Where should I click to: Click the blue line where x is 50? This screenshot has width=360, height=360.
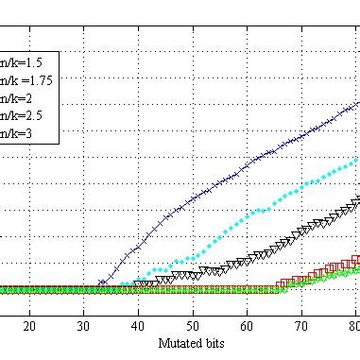(193, 199)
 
